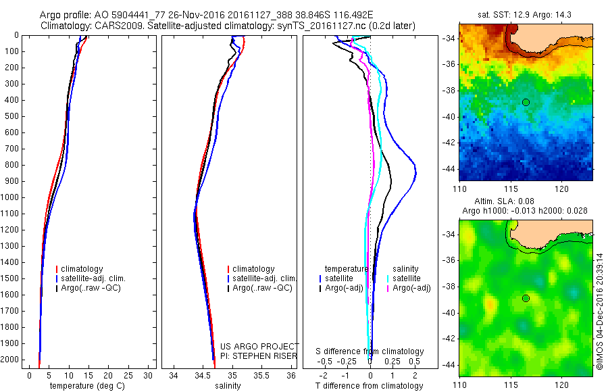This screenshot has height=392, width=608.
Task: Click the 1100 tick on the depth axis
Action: [x=11, y=214]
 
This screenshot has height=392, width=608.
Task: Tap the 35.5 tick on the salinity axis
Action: [x=261, y=375]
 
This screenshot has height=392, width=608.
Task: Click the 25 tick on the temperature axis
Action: [x=129, y=375]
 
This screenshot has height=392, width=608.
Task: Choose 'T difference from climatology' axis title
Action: [x=369, y=386]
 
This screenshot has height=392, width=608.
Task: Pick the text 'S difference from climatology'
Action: [x=370, y=351]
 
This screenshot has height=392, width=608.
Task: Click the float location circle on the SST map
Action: [x=526, y=101]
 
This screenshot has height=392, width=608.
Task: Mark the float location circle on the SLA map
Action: [x=526, y=298]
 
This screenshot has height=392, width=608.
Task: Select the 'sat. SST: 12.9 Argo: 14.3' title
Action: [x=526, y=15]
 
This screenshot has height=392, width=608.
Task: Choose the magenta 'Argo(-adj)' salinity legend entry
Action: [x=412, y=289]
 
